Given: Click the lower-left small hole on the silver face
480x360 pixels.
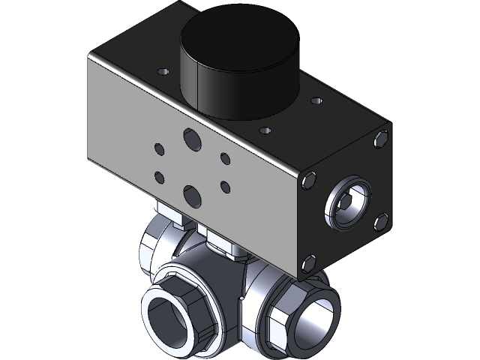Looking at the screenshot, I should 158,178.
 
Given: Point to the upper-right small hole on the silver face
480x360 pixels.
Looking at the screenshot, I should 224,158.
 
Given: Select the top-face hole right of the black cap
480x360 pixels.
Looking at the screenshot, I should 316,97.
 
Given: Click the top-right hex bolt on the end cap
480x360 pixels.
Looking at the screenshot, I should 382,138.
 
